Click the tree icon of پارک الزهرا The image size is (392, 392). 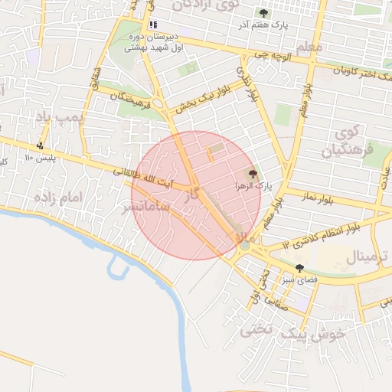point(253,175)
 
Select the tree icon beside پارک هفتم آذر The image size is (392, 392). point(264,13)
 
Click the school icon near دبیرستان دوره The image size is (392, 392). point(153,24)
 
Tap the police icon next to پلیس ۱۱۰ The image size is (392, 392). point(40,145)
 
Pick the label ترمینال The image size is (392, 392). point(367,256)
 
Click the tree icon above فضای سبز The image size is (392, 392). point(299,268)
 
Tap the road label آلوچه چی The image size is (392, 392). point(273,56)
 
